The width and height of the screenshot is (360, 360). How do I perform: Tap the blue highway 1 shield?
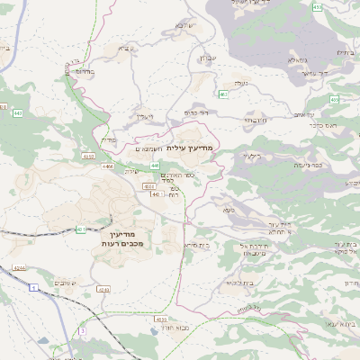point(32,286)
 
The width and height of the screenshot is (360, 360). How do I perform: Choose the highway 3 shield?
point(82,331)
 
